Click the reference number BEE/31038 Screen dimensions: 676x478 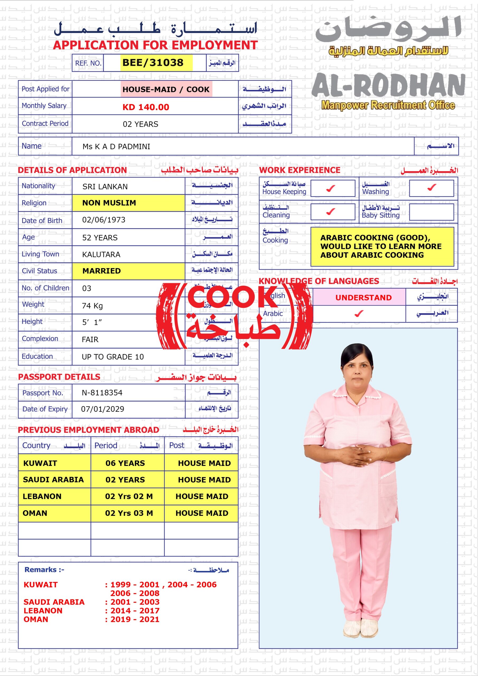click(153, 63)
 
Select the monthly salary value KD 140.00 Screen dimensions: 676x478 click(146, 107)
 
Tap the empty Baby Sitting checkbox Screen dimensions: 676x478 click(431, 212)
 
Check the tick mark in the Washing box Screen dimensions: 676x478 click(432, 187)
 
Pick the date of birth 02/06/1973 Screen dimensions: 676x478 click(104, 220)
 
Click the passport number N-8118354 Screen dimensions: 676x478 click(102, 392)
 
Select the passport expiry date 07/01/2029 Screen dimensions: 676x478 click(102, 409)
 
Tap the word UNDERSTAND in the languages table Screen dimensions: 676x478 click(363, 298)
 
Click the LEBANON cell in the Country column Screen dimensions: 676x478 click(42, 496)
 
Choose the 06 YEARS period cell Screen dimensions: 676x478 click(125, 463)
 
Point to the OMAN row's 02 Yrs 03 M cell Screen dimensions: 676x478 click(129, 513)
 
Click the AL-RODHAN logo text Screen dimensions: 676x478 click(388, 86)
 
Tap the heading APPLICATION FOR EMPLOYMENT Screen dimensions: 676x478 click(155, 45)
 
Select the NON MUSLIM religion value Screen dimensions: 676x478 click(109, 203)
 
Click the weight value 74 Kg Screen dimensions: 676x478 click(92, 306)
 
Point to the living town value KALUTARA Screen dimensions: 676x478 click(101, 254)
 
